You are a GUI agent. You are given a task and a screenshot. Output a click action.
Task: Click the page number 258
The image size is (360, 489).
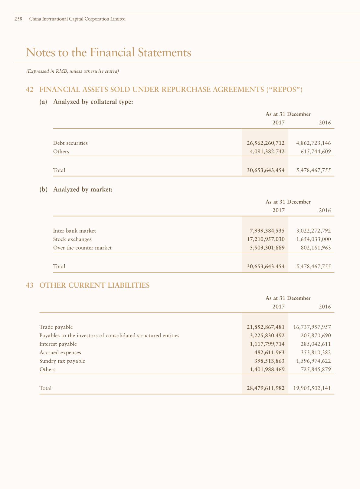click(18, 19)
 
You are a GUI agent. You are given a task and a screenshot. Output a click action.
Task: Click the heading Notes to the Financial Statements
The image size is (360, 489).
click(109, 52)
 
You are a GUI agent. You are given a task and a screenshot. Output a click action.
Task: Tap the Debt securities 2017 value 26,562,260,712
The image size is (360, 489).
click(265, 143)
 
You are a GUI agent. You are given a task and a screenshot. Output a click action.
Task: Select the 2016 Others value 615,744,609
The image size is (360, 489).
click(313, 151)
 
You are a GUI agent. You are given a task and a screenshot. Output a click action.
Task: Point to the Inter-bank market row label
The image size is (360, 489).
click(74, 231)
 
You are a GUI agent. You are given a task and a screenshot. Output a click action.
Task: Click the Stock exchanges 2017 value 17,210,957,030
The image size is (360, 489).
click(266, 239)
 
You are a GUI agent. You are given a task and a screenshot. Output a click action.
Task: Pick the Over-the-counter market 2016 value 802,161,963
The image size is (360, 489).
click(313, 248)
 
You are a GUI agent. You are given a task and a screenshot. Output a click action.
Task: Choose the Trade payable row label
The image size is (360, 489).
click(56, 327)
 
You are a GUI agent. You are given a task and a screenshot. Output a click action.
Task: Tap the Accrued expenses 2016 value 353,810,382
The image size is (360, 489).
click(313, 352)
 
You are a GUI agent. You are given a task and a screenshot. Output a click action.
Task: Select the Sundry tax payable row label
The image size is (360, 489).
click(62, 361)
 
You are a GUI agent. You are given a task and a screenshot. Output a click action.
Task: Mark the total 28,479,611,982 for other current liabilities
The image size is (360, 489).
click(265, 388)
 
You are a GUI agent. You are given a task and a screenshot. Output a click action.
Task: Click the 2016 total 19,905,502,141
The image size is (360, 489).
click(312, 388)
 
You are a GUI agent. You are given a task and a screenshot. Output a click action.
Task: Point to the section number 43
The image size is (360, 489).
click(30, 285)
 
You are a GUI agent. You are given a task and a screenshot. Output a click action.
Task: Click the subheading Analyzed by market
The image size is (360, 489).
click(83, 190)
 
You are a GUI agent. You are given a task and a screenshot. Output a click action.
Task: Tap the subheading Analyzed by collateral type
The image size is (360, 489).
click(93, 102)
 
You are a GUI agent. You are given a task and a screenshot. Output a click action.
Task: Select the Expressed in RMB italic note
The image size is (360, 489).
click(72, 71)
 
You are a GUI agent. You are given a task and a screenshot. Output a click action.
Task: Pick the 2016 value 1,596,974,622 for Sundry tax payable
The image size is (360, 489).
click(312, 361)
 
